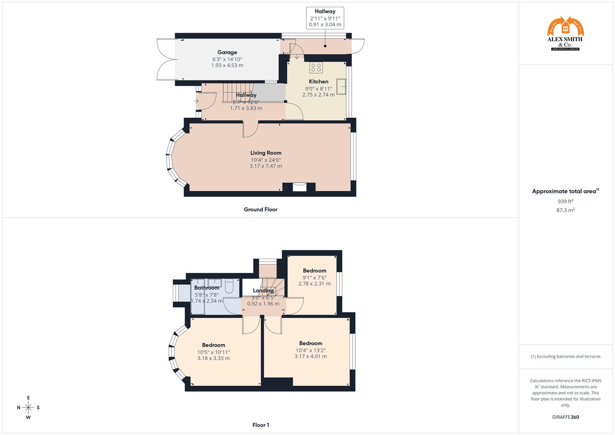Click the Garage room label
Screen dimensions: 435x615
(x=227, y=52)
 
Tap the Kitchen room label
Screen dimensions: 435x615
(x=319, y=82)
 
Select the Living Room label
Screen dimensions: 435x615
(x=266, y=153)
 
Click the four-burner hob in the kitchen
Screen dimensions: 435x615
(x=316, y=67)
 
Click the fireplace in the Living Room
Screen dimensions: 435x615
(x=299, y=186)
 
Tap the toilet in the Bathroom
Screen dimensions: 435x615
(x=229, y=287)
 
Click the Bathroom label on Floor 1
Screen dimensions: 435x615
(x=207, y=288)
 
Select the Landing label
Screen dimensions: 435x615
(x=263, y=291)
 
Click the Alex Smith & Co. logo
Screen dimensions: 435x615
(x=565, y=34)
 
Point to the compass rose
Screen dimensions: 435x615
(x=28, y=408)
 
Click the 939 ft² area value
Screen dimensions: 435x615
(x=565, y=201)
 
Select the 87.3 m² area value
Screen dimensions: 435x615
(x=565, y=210)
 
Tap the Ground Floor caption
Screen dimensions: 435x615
(x=261, y=209)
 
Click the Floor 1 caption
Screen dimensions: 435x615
(x=261, y=425)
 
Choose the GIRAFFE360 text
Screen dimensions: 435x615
(x=565, y=417)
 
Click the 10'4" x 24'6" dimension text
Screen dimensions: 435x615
(x=266, y=160)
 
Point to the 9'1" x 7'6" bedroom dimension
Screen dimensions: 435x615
(x=315, y=278)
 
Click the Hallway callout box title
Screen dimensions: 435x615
(x=325, y=12)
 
